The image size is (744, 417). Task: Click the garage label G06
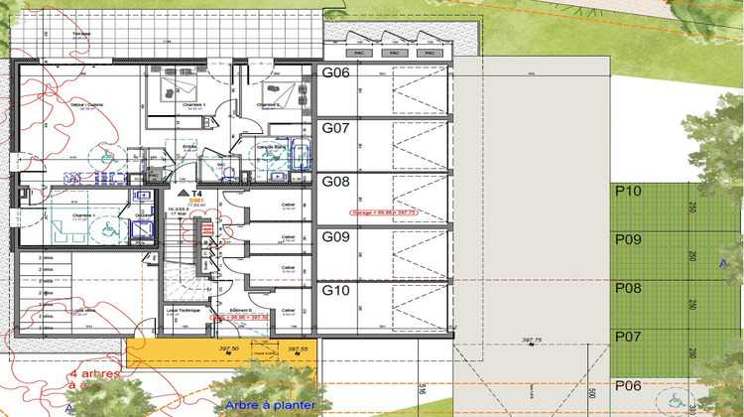pyautogui.click(x=335, y=73)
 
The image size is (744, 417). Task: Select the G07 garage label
pyautogui.click(x=335, y=128)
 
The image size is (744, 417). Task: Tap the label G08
pyautogui.click(x=335, y=182)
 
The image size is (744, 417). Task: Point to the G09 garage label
pyautogui.click(x=335, y=237)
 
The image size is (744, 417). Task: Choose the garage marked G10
pyautogui.click(x=335, y=291)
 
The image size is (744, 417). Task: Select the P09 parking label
pyautogui.click(x=629, y=239)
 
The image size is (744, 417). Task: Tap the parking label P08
pyautogui.click(x=629, y=288)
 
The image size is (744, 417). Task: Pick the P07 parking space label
pyautogui.click(x=629, y=337)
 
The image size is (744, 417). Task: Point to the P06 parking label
pyautogui.click(x=629, y=385)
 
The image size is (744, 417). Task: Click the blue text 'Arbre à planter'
pyautogui.click(x=270, y=405)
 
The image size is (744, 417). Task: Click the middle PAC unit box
pyautogui.click(x=393, y=53)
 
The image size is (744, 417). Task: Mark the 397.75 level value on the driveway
pyautogui.click(x=532, y=340)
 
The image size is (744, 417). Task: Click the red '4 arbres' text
pyautogui.click(x=95, y=374)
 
